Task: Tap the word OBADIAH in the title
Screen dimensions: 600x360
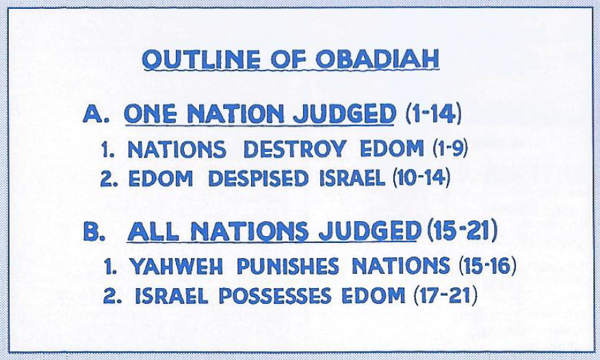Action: click(x=378, y=60)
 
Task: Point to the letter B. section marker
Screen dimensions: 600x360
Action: click(x=94, y=231)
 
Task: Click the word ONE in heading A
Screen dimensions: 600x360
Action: click(x=151, y=114)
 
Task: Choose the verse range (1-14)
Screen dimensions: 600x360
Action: click(x=433, y=114)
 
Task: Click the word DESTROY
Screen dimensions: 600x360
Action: click(x=294, y=149)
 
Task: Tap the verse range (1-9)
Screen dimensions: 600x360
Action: click(x=450, y=149)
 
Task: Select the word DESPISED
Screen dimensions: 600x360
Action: click(x=258, y=179)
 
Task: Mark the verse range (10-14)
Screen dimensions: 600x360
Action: click(x=421, y=178)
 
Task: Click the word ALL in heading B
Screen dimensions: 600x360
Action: click(x=153, y=231)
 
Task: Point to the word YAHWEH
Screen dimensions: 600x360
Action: click(x=176, y=266)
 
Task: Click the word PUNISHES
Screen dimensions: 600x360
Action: click(x=288, y=266)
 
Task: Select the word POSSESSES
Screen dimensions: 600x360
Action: click(x=275, y=296)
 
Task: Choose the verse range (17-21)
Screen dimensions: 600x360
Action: click(x=445, y=296)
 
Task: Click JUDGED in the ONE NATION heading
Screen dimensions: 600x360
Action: click(x=344, y=114)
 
